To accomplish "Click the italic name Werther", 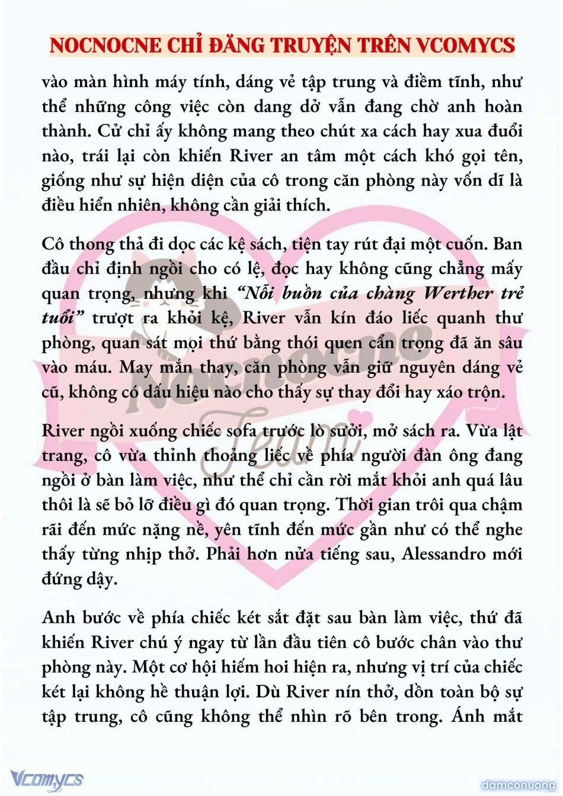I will tap(458, 293).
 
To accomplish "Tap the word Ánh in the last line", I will tap(468, 717).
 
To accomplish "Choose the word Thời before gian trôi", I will tap(357, 505).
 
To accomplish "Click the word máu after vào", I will tap(94, 367).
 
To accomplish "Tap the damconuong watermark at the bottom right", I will tap(518, 785).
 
